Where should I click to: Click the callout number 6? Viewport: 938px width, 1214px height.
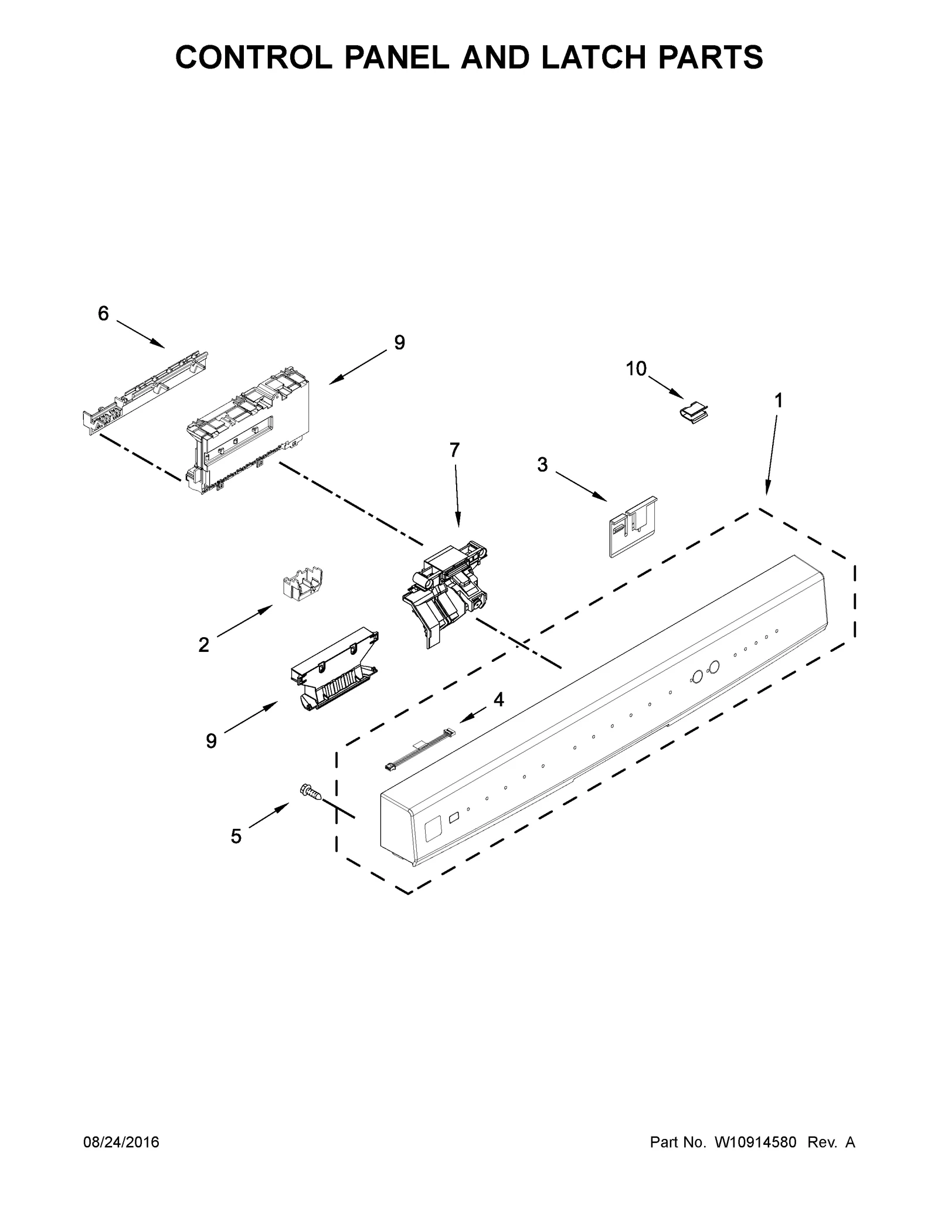tap(103, 314)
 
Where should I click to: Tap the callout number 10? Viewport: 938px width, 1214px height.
tap(636, 369)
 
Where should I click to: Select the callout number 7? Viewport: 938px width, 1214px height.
tap(455, 450)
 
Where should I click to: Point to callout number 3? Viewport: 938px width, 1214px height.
tap(542, 465)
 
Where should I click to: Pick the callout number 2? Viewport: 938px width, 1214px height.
tap(203, 645)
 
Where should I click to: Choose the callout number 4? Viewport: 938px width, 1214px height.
tap(498, 699)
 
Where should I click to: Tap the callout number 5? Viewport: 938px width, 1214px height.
tap(236, 836)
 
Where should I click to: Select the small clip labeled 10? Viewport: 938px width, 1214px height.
tap(694, 413)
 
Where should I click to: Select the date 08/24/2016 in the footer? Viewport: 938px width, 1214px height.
tap(122, 1142)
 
